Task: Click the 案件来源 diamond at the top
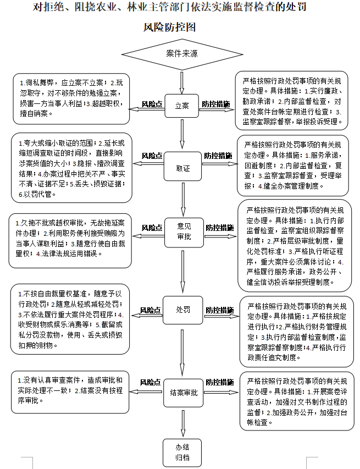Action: tap(181, 54)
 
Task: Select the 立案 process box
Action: tap(181, 105)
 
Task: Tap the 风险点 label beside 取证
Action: tap(151, 156)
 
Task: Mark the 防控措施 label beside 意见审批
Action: tap(219, 227)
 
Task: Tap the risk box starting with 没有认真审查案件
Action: tap(70, 390)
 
